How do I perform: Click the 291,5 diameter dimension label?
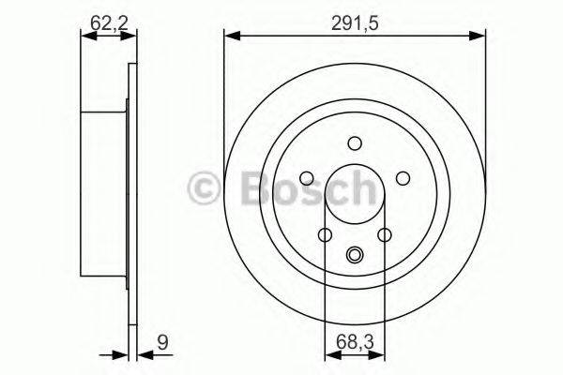point(355,23)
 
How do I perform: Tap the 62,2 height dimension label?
point(109,23)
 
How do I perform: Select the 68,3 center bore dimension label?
point(355,341)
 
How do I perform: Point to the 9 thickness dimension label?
point(162,342)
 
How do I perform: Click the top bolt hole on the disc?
point(355,143)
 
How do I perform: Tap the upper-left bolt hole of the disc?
point(307,178)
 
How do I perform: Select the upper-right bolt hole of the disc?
point(403,178)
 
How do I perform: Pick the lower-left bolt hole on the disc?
point(326,235)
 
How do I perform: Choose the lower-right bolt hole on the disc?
point(385,235)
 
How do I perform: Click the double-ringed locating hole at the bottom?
point(355,254)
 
